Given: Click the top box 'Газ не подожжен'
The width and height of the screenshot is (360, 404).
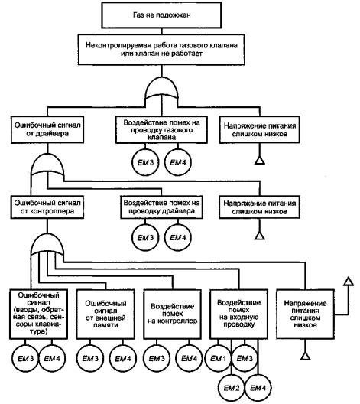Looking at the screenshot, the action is pyautogui.click(x=161, y=15).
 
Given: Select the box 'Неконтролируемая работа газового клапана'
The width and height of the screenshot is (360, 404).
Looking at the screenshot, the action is pyautogui.click(x=161, y=50).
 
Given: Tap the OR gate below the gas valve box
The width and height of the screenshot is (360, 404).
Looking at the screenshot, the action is pyautogui.click(x=161, y=89).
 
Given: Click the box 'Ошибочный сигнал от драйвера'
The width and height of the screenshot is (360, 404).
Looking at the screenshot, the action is pyautogui.click(x=47, y=129).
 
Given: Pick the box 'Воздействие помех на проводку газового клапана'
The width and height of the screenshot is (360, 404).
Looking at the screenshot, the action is pyautogui.click(x=161, y=129).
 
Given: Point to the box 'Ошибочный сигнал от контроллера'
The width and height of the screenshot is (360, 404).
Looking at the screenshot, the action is pyautogui.click(x=47, y=207).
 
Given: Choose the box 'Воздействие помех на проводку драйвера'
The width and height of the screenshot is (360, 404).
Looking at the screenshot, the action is pyautogui.click(x=161, y=207).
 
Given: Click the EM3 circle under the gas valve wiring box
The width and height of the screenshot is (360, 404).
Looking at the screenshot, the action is pyautogui.click(x=146, y=162).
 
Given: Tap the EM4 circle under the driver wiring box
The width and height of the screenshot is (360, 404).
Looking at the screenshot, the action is pyautogui.click(x=178, y=237).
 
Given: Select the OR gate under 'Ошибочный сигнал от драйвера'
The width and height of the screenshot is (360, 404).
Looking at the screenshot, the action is pyautogui.click(x=47, y=165).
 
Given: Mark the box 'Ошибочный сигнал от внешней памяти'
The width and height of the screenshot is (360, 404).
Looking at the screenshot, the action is pyautogui.click(x=105, y=314).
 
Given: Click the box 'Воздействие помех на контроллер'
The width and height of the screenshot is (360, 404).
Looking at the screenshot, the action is pyautogui.click(x=173, y=314).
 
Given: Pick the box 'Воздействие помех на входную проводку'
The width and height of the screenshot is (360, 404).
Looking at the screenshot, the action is pyautogui.click(x=238, y=314).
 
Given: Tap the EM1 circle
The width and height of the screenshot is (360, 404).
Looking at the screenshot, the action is pyautogui.click(x=218, y=358).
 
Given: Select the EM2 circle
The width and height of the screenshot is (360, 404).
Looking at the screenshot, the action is pyautogui.click(x=232, y=388).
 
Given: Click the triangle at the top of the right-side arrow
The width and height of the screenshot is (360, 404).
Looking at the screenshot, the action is pyautogui.click(x=349, y=282).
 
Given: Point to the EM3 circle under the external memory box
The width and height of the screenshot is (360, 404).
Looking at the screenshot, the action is pyautogui.click(x=90, y=358).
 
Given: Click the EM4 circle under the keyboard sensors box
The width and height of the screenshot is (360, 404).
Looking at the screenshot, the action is pyautogui.click(x=52, y=358).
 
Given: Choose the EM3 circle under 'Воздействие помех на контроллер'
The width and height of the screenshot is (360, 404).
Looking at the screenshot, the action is pyautogui.click(x=157, y=358).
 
